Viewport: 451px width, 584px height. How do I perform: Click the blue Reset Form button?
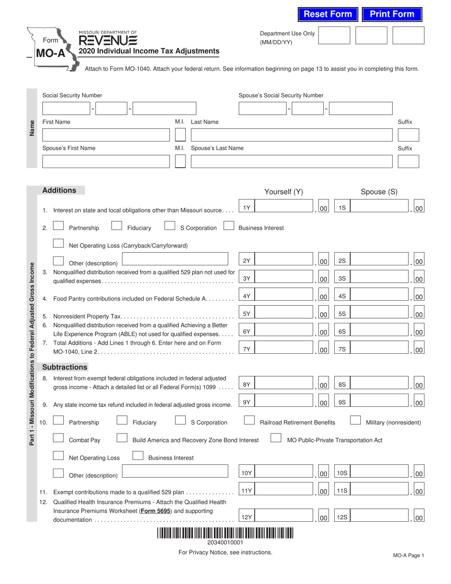328,14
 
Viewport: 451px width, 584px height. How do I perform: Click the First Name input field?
106,135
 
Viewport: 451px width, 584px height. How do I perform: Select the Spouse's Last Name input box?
291,162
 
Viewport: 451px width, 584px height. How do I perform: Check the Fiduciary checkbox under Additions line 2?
117,226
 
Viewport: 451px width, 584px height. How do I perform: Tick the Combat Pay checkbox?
58,438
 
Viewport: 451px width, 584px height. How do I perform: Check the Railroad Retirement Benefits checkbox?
249,421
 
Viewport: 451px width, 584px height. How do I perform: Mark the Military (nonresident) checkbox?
356,421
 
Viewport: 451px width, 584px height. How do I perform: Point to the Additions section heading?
59,190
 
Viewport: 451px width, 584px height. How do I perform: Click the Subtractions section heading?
65,367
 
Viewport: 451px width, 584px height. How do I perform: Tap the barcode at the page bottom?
225,533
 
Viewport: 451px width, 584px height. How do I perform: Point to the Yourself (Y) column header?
283,192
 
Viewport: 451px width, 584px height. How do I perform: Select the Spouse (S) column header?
379,192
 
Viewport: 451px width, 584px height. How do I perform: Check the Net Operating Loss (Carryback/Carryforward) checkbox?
58,244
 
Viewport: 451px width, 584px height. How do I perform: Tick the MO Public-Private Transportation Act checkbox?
276,438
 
